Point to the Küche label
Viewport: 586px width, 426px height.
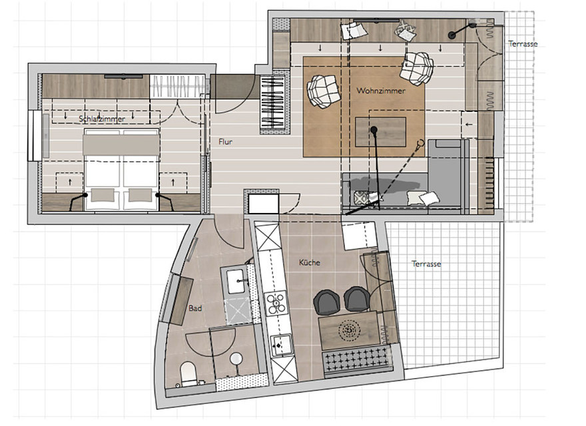coord(310,262)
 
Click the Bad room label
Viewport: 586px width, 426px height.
coord(195,309)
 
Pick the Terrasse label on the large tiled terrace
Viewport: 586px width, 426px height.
coord(426,264)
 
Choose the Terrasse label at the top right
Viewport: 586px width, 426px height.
coord(523,44)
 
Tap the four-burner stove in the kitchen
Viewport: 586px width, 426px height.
coord(276,304)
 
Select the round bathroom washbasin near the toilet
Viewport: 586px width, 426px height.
coord(237,359)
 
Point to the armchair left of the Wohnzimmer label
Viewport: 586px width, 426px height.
coord(324,91)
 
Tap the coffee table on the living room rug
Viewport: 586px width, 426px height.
coord(380,131)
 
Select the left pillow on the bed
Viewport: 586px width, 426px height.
coord(103,194)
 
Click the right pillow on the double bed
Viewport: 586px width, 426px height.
coord(141,194)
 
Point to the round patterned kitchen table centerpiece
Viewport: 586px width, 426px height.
coord(349,329)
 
